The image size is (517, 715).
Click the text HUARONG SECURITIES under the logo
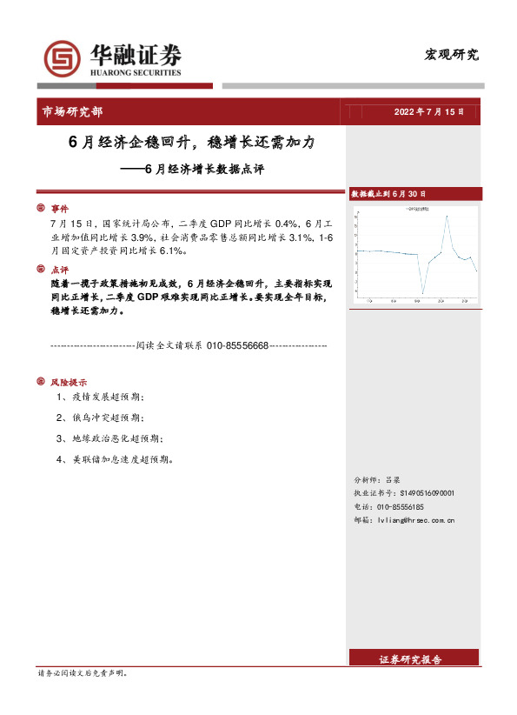coord(136,73)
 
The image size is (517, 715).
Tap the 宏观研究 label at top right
coord(451,55)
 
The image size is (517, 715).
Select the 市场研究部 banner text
coord(72,111)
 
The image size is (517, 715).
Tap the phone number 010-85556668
coord(237,345)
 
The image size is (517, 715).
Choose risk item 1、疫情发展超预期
coord(100,397)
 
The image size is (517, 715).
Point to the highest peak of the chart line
coord(447,215)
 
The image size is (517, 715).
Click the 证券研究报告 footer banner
coord(411,660)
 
